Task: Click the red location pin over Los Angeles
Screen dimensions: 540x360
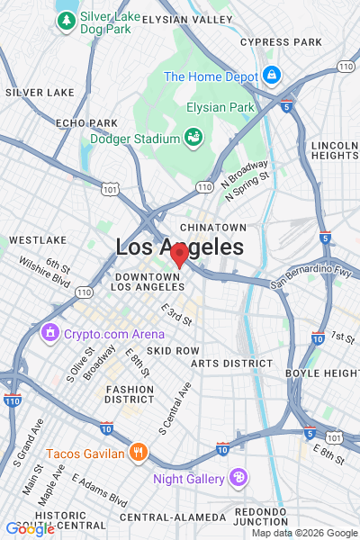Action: click(x=179, y=254)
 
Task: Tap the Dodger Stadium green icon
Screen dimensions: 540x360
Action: click(x=193, y=138)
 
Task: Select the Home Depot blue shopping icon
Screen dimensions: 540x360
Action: click(x=272, y=75)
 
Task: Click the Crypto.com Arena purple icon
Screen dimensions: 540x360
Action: click(x=49, y=335)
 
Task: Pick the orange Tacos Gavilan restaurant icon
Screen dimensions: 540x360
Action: click(x=138, y=453)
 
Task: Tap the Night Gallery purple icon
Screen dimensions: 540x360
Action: click(x=238, y=477)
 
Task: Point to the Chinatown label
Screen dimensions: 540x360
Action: click(x=212, y=228)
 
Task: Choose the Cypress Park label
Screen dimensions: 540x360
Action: click(x=281, y=42)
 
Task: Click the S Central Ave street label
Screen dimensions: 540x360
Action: click(x=175, y=408)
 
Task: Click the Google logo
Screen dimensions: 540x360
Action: click(x=30, y=529)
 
